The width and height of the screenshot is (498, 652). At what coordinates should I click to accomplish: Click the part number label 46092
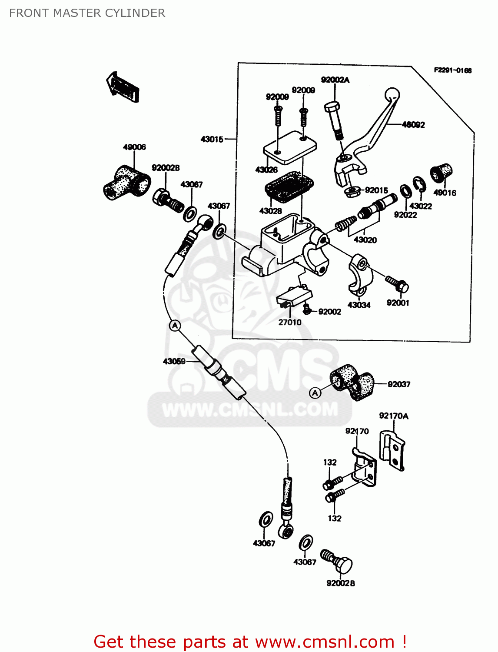413,125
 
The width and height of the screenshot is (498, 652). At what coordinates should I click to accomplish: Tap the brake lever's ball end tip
392,94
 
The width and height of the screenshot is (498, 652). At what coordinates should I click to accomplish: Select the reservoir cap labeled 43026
290,147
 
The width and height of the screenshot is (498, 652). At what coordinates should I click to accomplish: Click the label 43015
212,140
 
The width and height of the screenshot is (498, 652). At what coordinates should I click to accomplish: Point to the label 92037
398,384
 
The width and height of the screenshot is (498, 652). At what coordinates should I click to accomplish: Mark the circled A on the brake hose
175,326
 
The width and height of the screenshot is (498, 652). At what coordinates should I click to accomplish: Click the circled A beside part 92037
315,393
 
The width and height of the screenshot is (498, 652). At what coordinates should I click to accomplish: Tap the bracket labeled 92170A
392,450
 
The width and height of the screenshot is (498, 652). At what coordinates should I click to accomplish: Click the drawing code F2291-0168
452,70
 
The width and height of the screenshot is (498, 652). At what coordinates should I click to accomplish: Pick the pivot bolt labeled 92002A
334,118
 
